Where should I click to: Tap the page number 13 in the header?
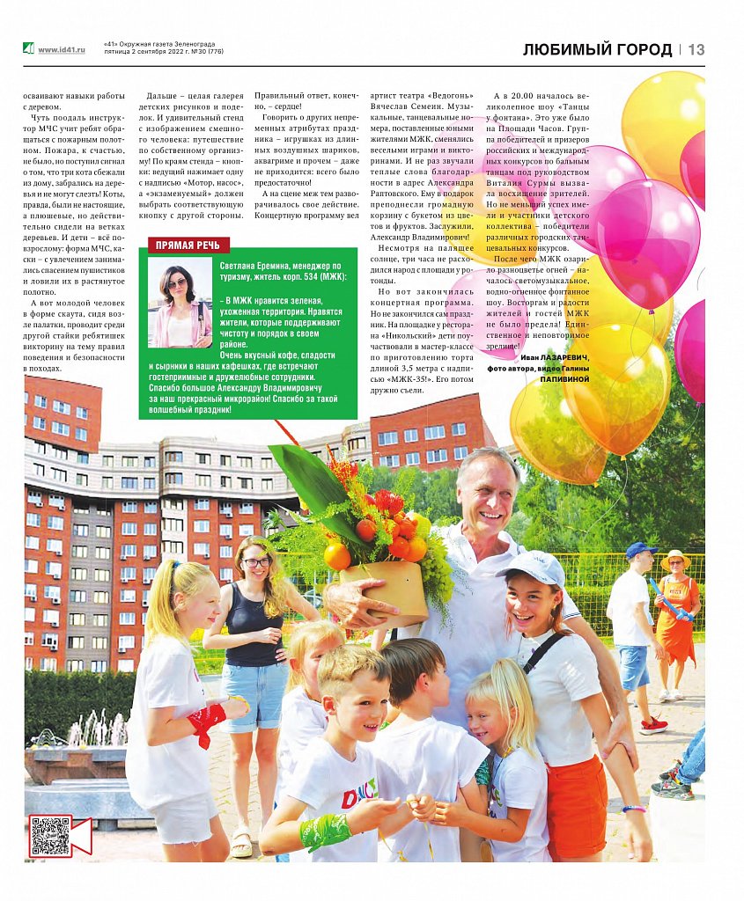tap(696, 50)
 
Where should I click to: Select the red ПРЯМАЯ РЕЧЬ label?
tap(188, 245)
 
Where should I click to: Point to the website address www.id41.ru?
tap(62, 50)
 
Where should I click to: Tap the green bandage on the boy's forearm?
tap(324, 830)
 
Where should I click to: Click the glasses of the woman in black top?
tap(256, 561)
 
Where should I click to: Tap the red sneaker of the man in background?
tap(653, 725)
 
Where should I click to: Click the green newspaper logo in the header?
tap(29, 49)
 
